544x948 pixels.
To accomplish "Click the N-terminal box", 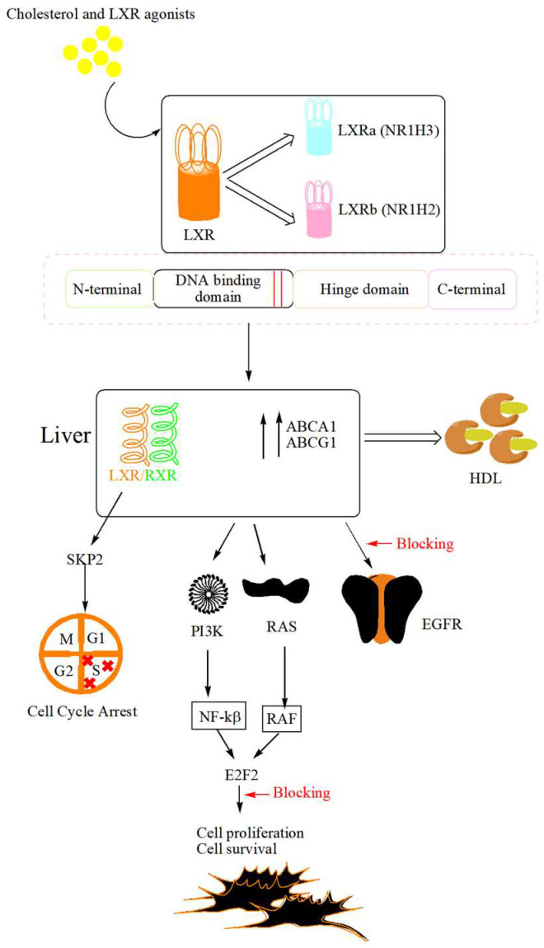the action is tap(109, 289).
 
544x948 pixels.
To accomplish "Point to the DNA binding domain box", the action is tap(223, 289).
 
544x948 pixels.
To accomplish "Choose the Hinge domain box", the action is tap(360, 289).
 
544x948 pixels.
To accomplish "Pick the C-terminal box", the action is tap(472, 289).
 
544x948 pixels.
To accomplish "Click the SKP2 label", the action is tap(84, 559).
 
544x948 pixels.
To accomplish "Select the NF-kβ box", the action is tap(217, 719).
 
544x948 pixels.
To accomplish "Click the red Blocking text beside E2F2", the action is tap(301, 792).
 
